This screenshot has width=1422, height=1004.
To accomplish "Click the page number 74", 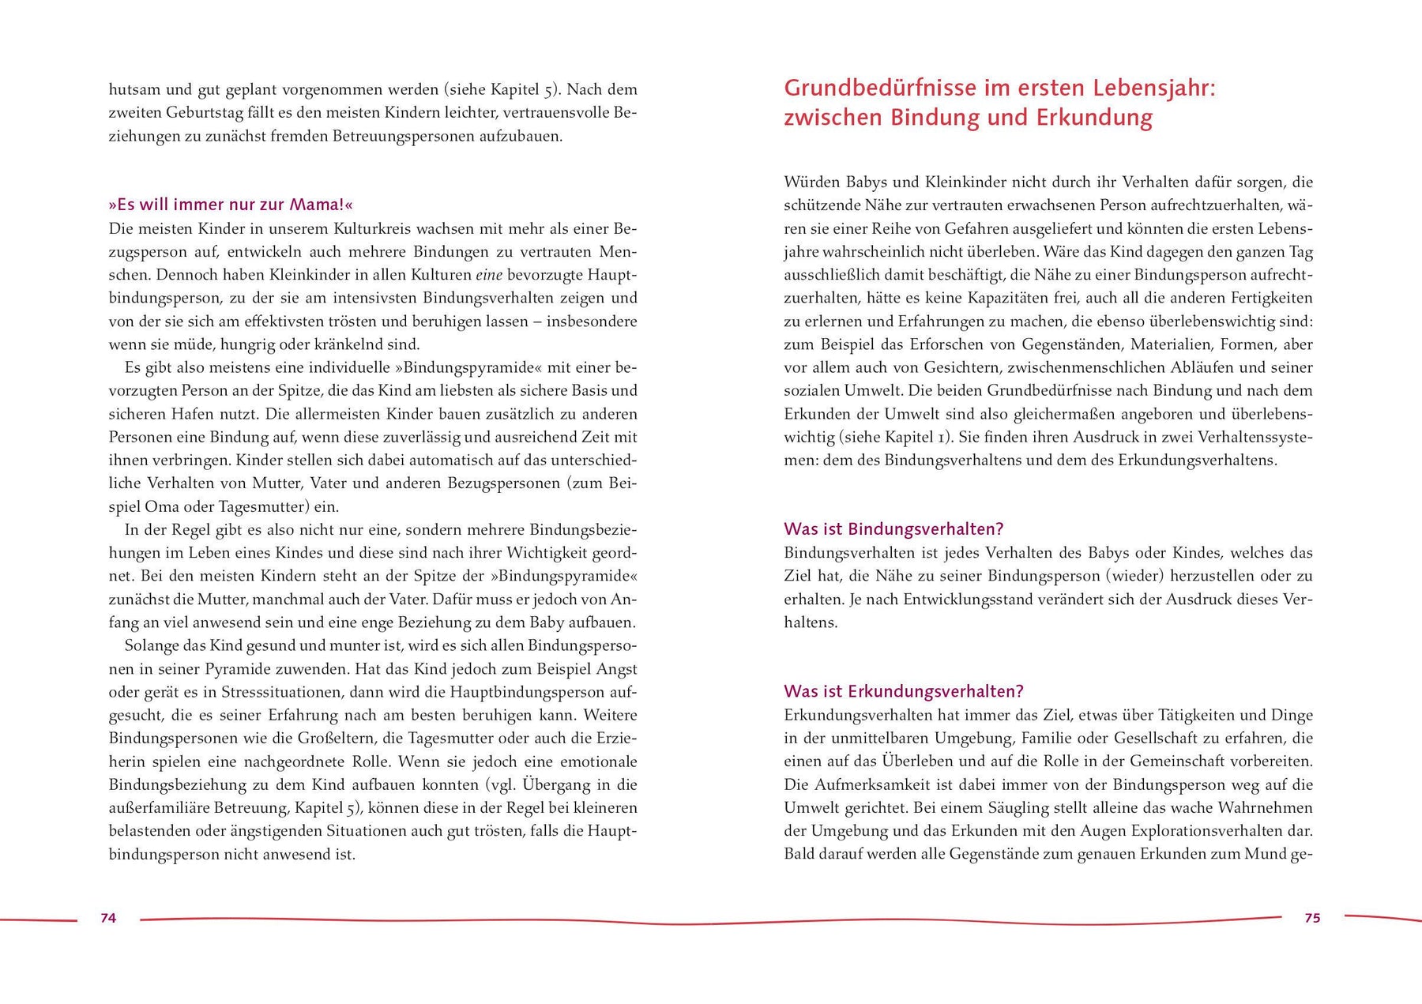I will click(108, 918).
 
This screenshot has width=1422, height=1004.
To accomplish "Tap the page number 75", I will click(1312, 918).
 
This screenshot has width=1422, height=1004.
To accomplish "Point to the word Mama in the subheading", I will click(314, 205).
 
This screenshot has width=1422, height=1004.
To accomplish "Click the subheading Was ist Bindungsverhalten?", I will click(893, 528).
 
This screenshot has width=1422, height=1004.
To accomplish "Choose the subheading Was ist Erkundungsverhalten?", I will click(903, 691).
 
